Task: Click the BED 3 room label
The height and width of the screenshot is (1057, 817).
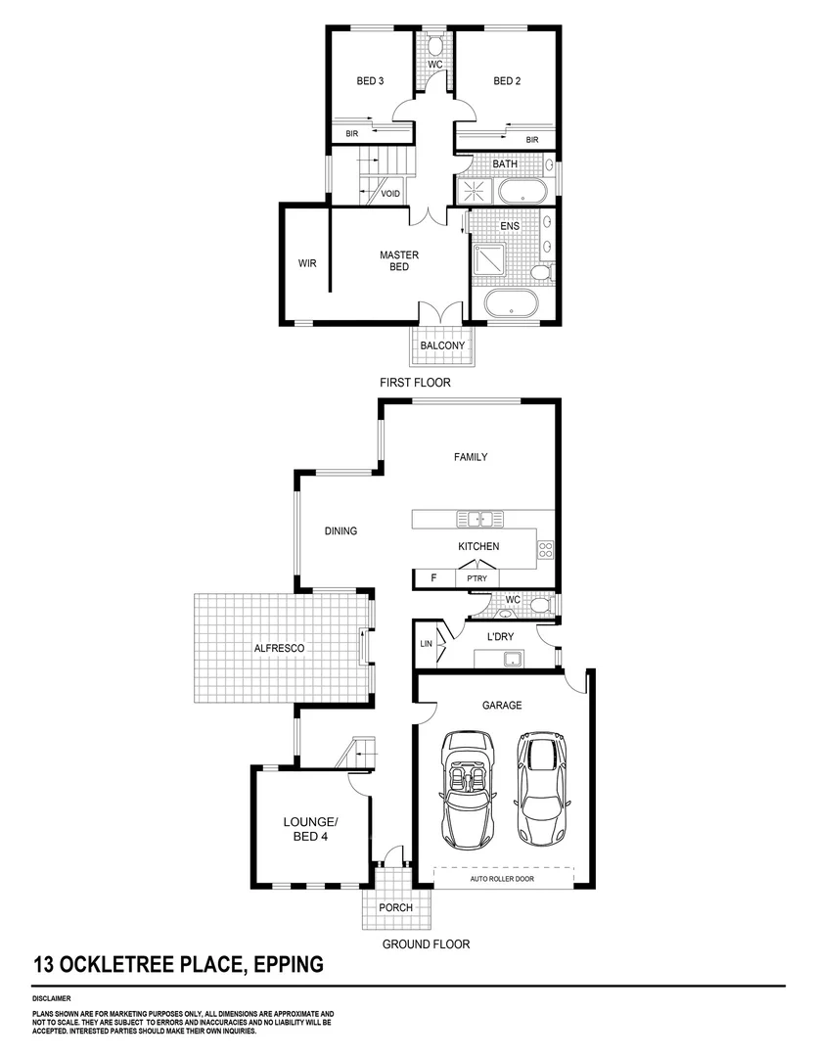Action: click(368, 81)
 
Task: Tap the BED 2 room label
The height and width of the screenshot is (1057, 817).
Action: click(506, 81)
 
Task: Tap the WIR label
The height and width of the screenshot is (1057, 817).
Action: click(307, 263)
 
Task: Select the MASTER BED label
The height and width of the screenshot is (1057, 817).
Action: click(398, 261)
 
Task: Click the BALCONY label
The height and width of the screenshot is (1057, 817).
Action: click(442, 345)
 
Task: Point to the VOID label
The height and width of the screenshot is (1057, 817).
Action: click(390, 194)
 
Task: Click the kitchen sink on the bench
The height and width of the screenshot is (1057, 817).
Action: click(479, 519)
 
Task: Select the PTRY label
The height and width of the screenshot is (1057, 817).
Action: click(477, 578)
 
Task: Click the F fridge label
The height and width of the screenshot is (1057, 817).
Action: click(433, 578)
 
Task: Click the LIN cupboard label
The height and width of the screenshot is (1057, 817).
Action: click(426, 644)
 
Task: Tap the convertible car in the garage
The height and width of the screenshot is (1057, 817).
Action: click(467, 790)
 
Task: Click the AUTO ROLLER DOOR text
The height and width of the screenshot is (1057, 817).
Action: click(503, 879)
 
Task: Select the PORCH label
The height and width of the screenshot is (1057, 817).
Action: click(396, 908)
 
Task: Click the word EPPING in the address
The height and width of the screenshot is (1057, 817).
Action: click(288, 965)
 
